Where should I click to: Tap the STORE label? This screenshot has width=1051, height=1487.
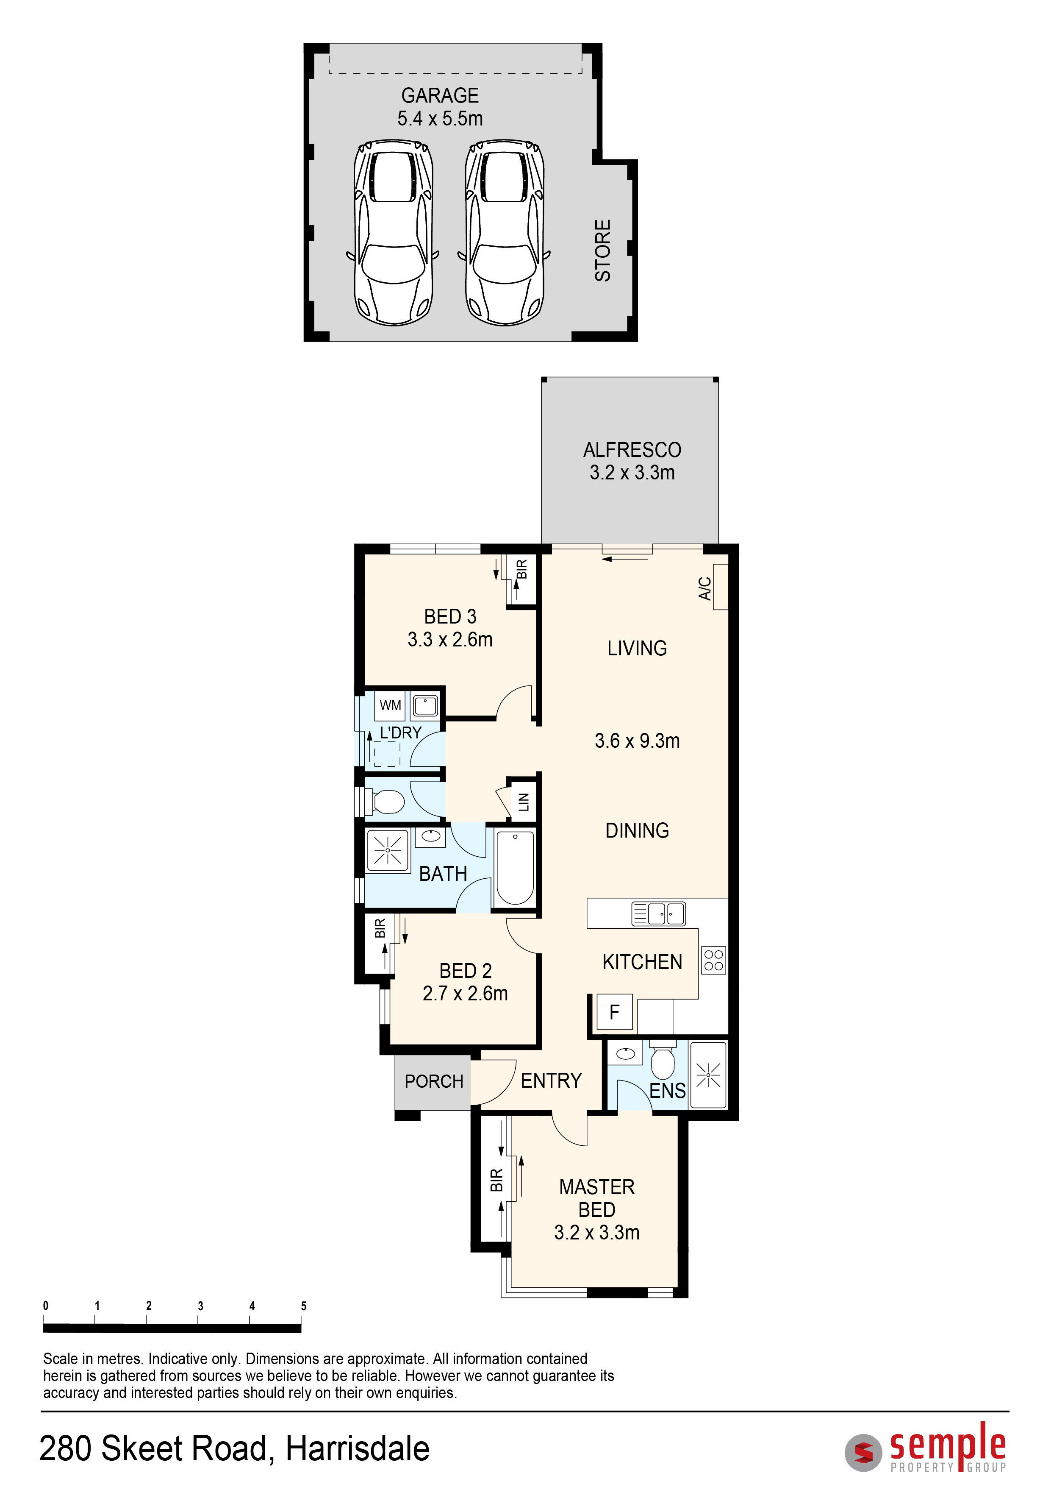pyautogui.click(x=602, y=250)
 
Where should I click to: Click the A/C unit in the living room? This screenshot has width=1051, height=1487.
pyautogui.click(x=720, y=587)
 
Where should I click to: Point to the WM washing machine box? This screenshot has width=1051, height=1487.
pyautogui.click(x=390, y=705)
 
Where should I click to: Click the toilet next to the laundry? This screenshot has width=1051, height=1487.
pyautogui.click(x=386, y=802)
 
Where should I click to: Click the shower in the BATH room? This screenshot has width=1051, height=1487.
pyautogui.click(x=387, y=850)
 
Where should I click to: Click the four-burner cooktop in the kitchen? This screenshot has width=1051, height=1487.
pyautogui.click(x=713, y=961)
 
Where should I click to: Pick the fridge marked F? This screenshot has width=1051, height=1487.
pyautogui.click(x=614, y=1012)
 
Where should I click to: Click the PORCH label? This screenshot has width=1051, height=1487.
pyautogui.click(x=434, y=1082)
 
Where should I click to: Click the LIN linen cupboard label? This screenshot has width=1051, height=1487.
pyautogui.click(x=524, y=802)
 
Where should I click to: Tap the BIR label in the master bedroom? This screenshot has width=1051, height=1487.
pyautogui.click(x=496, y=1180)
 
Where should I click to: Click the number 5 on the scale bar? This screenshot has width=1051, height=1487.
pyautogui.click(x=303, y=1306)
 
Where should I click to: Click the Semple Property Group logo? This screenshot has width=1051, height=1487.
pyautogui.click(x=926, y=1448)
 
